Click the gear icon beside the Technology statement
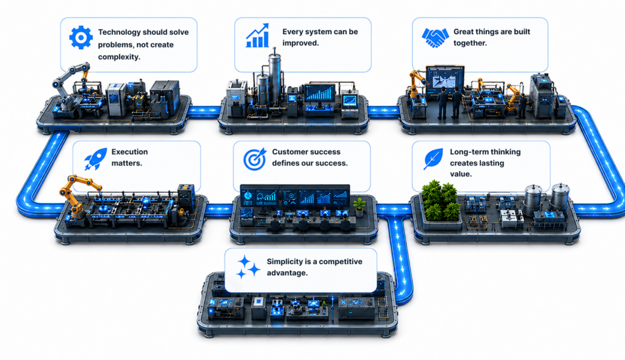(81, 37)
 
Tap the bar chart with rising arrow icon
(258, 35)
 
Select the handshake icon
(435, 37)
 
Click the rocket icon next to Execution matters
(96, 159)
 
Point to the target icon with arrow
(255, 159)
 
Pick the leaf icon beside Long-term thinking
(433, 159)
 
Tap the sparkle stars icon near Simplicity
(248, 267)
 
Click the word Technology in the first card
(119, 32)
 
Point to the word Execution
(129, 152)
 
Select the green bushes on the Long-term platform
(441, 200)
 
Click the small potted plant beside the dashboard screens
(359, 207)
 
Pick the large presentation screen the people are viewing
(445, 81)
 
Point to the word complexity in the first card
(119, 57)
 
